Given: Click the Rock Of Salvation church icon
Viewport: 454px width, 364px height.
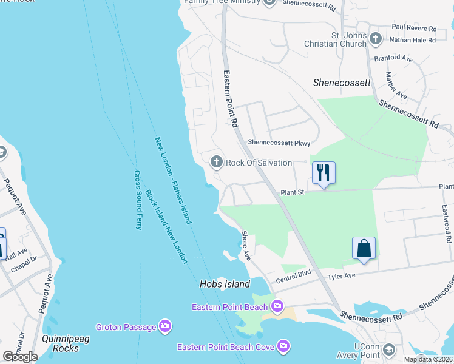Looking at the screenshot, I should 216,162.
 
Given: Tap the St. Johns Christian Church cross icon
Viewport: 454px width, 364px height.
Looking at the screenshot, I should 376,39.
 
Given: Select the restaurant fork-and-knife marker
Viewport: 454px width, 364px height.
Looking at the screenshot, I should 324,172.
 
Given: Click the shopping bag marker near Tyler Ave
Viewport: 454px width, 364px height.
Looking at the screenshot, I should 364,248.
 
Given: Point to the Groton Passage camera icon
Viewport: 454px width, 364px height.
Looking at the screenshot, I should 165,327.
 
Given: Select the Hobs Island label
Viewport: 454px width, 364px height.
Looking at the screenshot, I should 225,284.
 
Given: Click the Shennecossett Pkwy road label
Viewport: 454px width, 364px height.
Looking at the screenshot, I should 279,143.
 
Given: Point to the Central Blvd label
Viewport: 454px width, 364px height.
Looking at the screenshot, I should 293,280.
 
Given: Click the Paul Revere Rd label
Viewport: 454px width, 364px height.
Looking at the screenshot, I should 414,28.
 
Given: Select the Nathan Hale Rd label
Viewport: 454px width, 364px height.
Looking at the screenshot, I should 415,40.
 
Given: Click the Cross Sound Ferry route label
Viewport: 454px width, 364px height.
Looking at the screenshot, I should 138,200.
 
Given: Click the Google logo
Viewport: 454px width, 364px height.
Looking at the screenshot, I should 20,357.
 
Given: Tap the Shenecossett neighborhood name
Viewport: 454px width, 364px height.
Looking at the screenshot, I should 342,83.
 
